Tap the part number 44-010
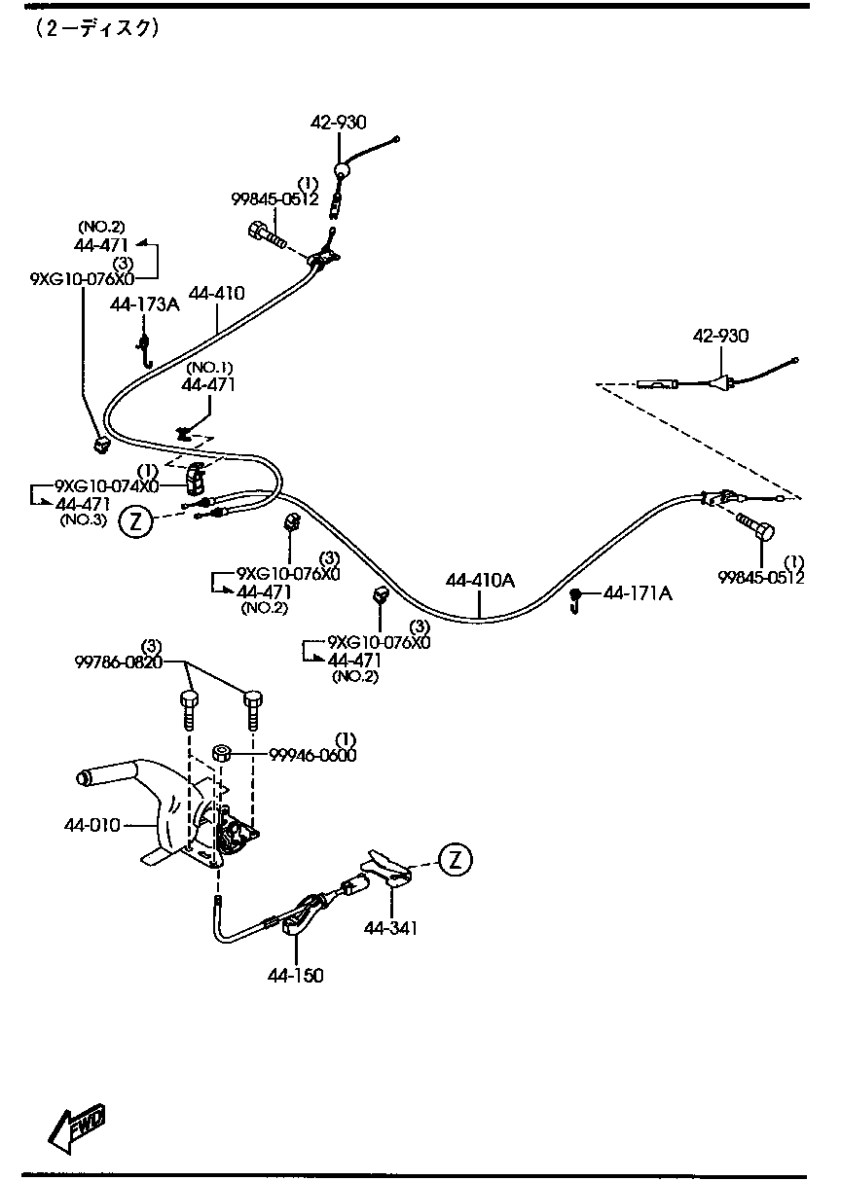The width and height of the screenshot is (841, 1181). tap(91, 825)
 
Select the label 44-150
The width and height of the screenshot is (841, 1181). tap(297, 975)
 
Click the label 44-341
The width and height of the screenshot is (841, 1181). tap(390, 928)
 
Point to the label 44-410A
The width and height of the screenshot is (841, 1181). tap(480, 581)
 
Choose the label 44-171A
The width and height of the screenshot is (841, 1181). tap(638, 592)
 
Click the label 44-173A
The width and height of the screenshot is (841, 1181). tap(145, 304)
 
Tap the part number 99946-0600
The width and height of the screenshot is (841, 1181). tap(300, 755)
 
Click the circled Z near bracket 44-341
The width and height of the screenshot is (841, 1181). tap(455, 859)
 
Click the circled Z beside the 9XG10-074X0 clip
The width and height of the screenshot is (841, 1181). tap(135, 522)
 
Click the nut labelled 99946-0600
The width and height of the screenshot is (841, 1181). tap(221, 752)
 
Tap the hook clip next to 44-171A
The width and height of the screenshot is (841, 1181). tap(576, 600)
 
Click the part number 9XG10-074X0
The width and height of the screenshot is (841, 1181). tap(106, 485)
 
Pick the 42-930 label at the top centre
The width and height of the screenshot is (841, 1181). tap(339, 123)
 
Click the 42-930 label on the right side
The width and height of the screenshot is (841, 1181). tap(720, 337)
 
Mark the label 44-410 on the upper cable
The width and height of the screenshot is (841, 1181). tap(216, 292)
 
